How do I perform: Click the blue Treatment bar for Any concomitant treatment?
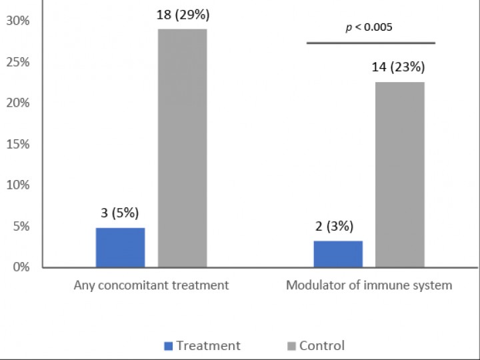click(x=120, y=247)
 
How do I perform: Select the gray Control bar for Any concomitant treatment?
click(x=182, y=148)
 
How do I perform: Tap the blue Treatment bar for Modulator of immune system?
click(x=338, y=254)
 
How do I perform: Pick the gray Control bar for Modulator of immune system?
click(x=400, y=174)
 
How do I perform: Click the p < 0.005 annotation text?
click(x=369, y=27)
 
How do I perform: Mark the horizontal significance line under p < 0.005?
click(x=371, y=43)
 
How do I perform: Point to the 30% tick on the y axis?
click(x=18, y=21)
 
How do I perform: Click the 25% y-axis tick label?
click(x=18, y=62)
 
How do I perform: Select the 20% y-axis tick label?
click(x=18, y=103)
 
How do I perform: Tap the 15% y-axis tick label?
click(x=18, y=144)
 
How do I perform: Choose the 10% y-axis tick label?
click(x=18, y=185)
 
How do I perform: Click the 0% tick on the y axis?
click(x=21, y=267)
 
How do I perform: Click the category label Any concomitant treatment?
click(x=151, y=285)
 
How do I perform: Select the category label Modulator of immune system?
click(x=369, y=285)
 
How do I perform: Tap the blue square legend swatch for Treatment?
click(x=168, y=346)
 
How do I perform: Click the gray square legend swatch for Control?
click(x=291, y=346)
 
